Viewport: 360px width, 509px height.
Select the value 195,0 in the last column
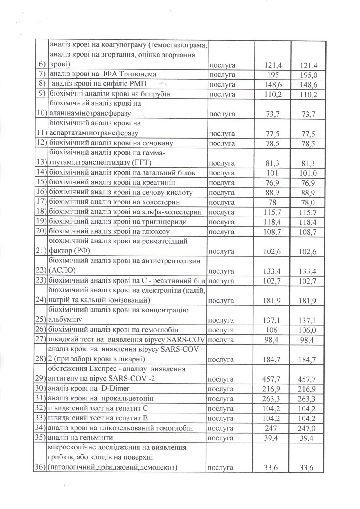click(309, 75)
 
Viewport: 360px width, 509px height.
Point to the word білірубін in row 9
click(154, 94)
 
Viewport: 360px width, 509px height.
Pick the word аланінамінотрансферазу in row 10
click(90, 113)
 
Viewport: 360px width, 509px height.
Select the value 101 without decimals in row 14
click(272, 173)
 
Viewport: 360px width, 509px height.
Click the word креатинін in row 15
click(159, 182)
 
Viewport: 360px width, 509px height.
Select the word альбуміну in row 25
click(65, 319)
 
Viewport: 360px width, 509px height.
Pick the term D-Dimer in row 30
click(115, 388)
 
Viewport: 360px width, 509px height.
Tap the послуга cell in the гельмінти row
click(221, 438)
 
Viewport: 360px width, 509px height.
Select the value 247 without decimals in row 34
click(271, 428)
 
